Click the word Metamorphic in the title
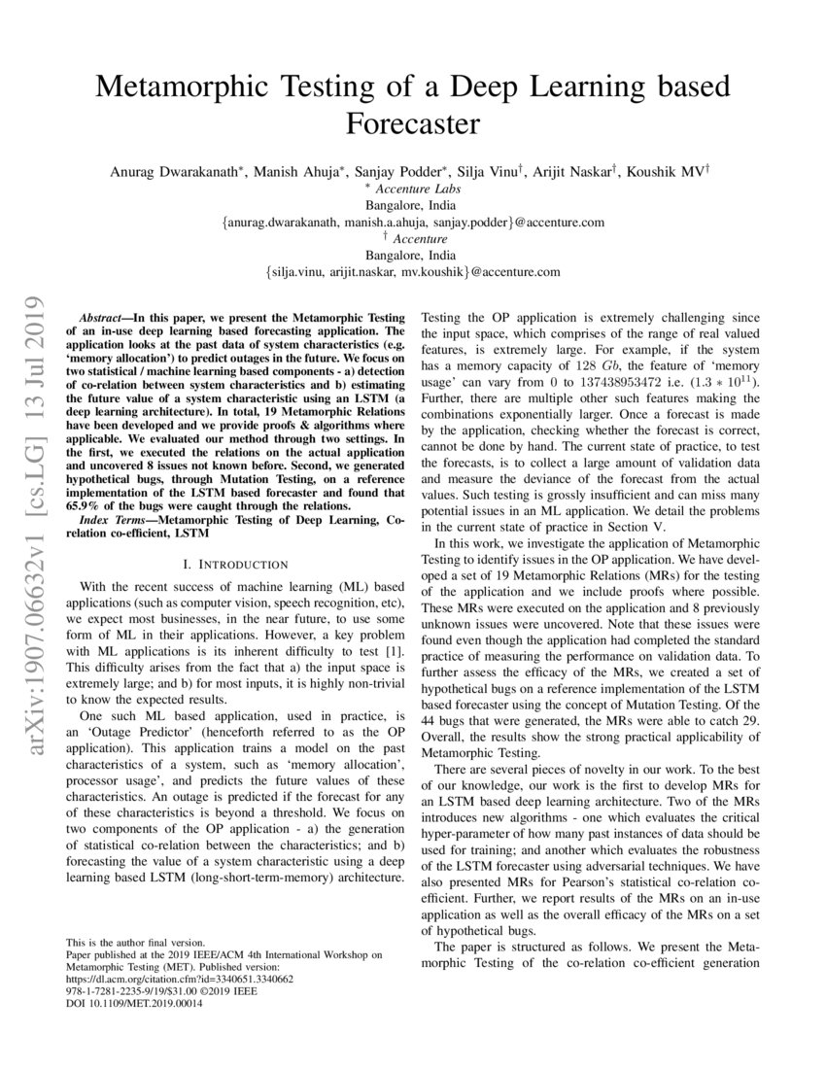tap(190, 86)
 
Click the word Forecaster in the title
tap(413, 124)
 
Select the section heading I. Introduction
tap(235, 564)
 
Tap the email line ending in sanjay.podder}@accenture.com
tap(413, 223)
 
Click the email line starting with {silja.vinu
tap(413, 272)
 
